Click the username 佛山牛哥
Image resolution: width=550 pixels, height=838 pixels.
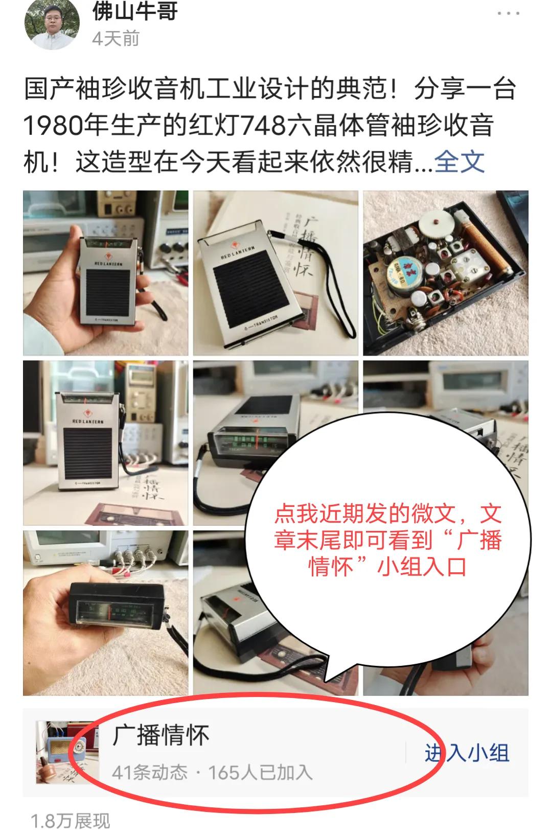pos(135,11)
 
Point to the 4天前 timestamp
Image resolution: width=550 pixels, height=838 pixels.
pos(116,39)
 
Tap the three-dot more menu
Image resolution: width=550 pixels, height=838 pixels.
pos(508,13)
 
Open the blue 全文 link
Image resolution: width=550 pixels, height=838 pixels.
pos(459,162)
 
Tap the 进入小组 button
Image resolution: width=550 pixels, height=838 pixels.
pos(467,753)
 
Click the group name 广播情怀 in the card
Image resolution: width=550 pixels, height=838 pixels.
pos(161,736)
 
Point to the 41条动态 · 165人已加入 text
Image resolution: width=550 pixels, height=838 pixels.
pos(212,772)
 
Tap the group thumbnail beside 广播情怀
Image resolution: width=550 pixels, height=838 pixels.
pos(60,752)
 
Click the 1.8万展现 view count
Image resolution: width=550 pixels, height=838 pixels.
pos(71,821)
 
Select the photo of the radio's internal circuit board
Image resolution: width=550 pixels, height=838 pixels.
pos(445,273)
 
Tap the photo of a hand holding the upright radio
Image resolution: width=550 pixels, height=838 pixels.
pos(105,273)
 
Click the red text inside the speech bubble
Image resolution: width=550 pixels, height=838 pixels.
pos(387,541)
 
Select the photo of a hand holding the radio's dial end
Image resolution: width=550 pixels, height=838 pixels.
pos(105,613)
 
